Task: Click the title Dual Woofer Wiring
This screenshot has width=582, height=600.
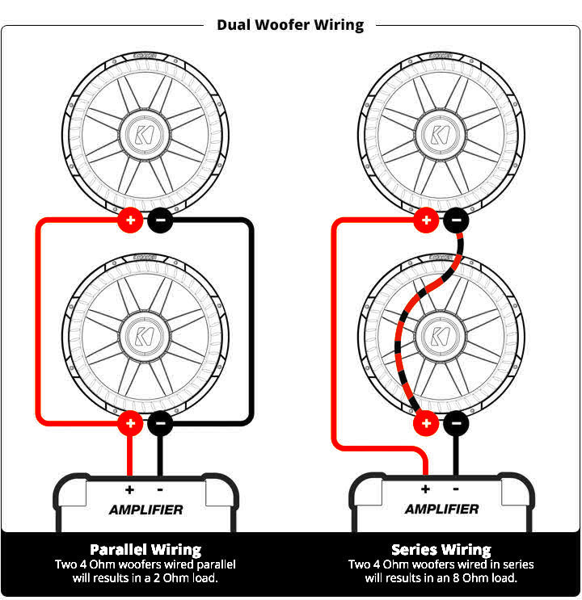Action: point(290,25)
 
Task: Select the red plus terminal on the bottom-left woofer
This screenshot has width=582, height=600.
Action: point(129,422)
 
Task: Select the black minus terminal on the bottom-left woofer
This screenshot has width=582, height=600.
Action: point(160,422)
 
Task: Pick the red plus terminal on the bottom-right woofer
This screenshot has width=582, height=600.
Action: point(425,422)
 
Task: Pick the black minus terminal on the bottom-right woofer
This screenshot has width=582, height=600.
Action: point(456,422)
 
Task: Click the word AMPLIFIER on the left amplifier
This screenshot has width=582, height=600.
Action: point(145,510)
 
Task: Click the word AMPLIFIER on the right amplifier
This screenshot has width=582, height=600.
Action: point(441,510)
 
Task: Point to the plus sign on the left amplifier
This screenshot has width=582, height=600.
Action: point(129,489)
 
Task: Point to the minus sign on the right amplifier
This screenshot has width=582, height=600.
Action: point(456,489)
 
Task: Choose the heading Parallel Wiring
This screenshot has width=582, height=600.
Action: point(145,549)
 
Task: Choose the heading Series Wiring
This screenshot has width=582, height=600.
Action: point(441,549)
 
